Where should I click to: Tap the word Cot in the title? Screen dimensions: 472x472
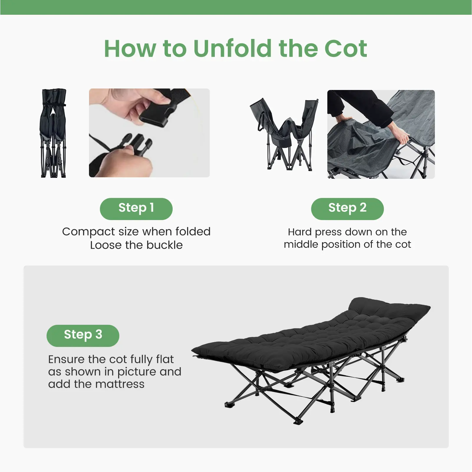click(346, 49)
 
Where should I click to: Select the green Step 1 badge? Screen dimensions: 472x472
click(136, 209)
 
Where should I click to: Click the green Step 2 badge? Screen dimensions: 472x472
click(347, 209)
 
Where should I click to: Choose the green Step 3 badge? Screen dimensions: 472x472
click(83, 335)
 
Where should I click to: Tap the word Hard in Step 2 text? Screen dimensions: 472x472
click(300, 232)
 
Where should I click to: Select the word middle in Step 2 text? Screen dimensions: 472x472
click(301, 244)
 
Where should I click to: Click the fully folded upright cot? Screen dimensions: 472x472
click(53, 133)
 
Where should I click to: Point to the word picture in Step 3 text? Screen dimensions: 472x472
click(137, 372)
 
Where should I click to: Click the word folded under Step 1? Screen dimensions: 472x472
click(193, 232)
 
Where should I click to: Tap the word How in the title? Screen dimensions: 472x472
click(130, 49)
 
